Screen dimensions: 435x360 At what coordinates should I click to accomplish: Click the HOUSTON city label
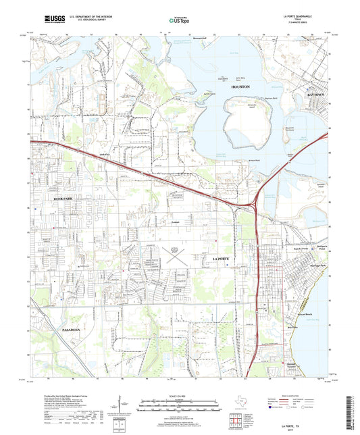[x=241, y=88]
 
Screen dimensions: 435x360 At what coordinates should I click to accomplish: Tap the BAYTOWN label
[x=316, y=95]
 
